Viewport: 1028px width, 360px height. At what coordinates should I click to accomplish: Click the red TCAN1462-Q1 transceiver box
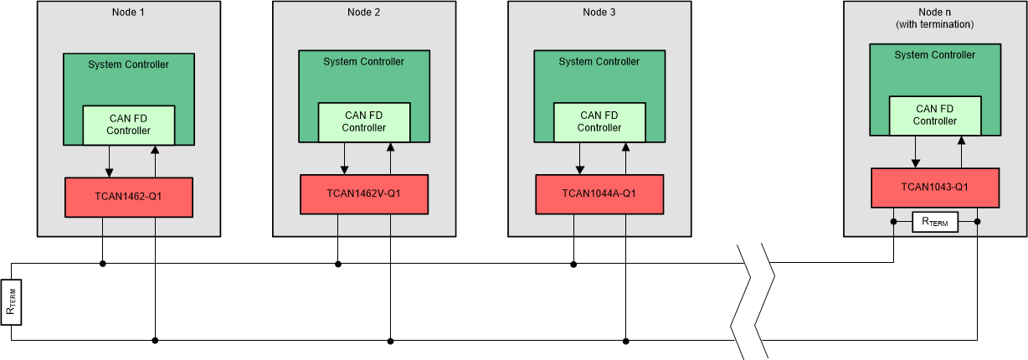pos(129,198)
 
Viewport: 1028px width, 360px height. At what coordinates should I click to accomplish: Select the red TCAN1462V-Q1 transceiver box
pos(364,194)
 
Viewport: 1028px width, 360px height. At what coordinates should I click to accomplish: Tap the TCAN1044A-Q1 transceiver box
pos(599,194)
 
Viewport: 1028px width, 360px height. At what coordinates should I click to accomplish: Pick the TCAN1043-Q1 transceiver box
pos(935,188)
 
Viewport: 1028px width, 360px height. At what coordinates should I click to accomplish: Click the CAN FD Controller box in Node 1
pos(129,125)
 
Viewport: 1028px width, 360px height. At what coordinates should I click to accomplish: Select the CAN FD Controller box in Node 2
pos(364,121)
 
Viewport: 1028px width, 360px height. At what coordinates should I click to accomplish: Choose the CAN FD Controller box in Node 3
pos(599,121)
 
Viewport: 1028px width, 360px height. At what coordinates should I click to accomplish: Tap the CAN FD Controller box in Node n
pos(935,115)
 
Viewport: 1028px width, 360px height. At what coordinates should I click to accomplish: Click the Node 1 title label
pos(128,12)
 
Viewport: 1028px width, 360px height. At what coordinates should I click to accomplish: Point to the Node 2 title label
pos(363,12)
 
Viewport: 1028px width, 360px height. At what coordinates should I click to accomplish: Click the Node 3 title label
pos(599,12)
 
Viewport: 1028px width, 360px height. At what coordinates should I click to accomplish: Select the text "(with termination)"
pos(934,24)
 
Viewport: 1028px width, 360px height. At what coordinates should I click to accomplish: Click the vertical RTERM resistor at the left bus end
pos(12,302)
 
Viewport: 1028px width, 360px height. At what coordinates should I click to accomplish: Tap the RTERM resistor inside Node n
pos(935,222)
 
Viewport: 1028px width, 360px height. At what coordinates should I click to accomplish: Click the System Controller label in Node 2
pos(364,61)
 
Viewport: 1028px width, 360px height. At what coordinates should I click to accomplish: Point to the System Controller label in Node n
pos(935,54)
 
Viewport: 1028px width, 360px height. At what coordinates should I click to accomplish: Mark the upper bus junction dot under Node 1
pos(103,264)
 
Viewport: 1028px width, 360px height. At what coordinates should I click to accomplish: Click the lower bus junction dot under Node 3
pos(626,340)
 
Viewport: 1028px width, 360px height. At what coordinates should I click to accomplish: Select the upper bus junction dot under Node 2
pos(338,264)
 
